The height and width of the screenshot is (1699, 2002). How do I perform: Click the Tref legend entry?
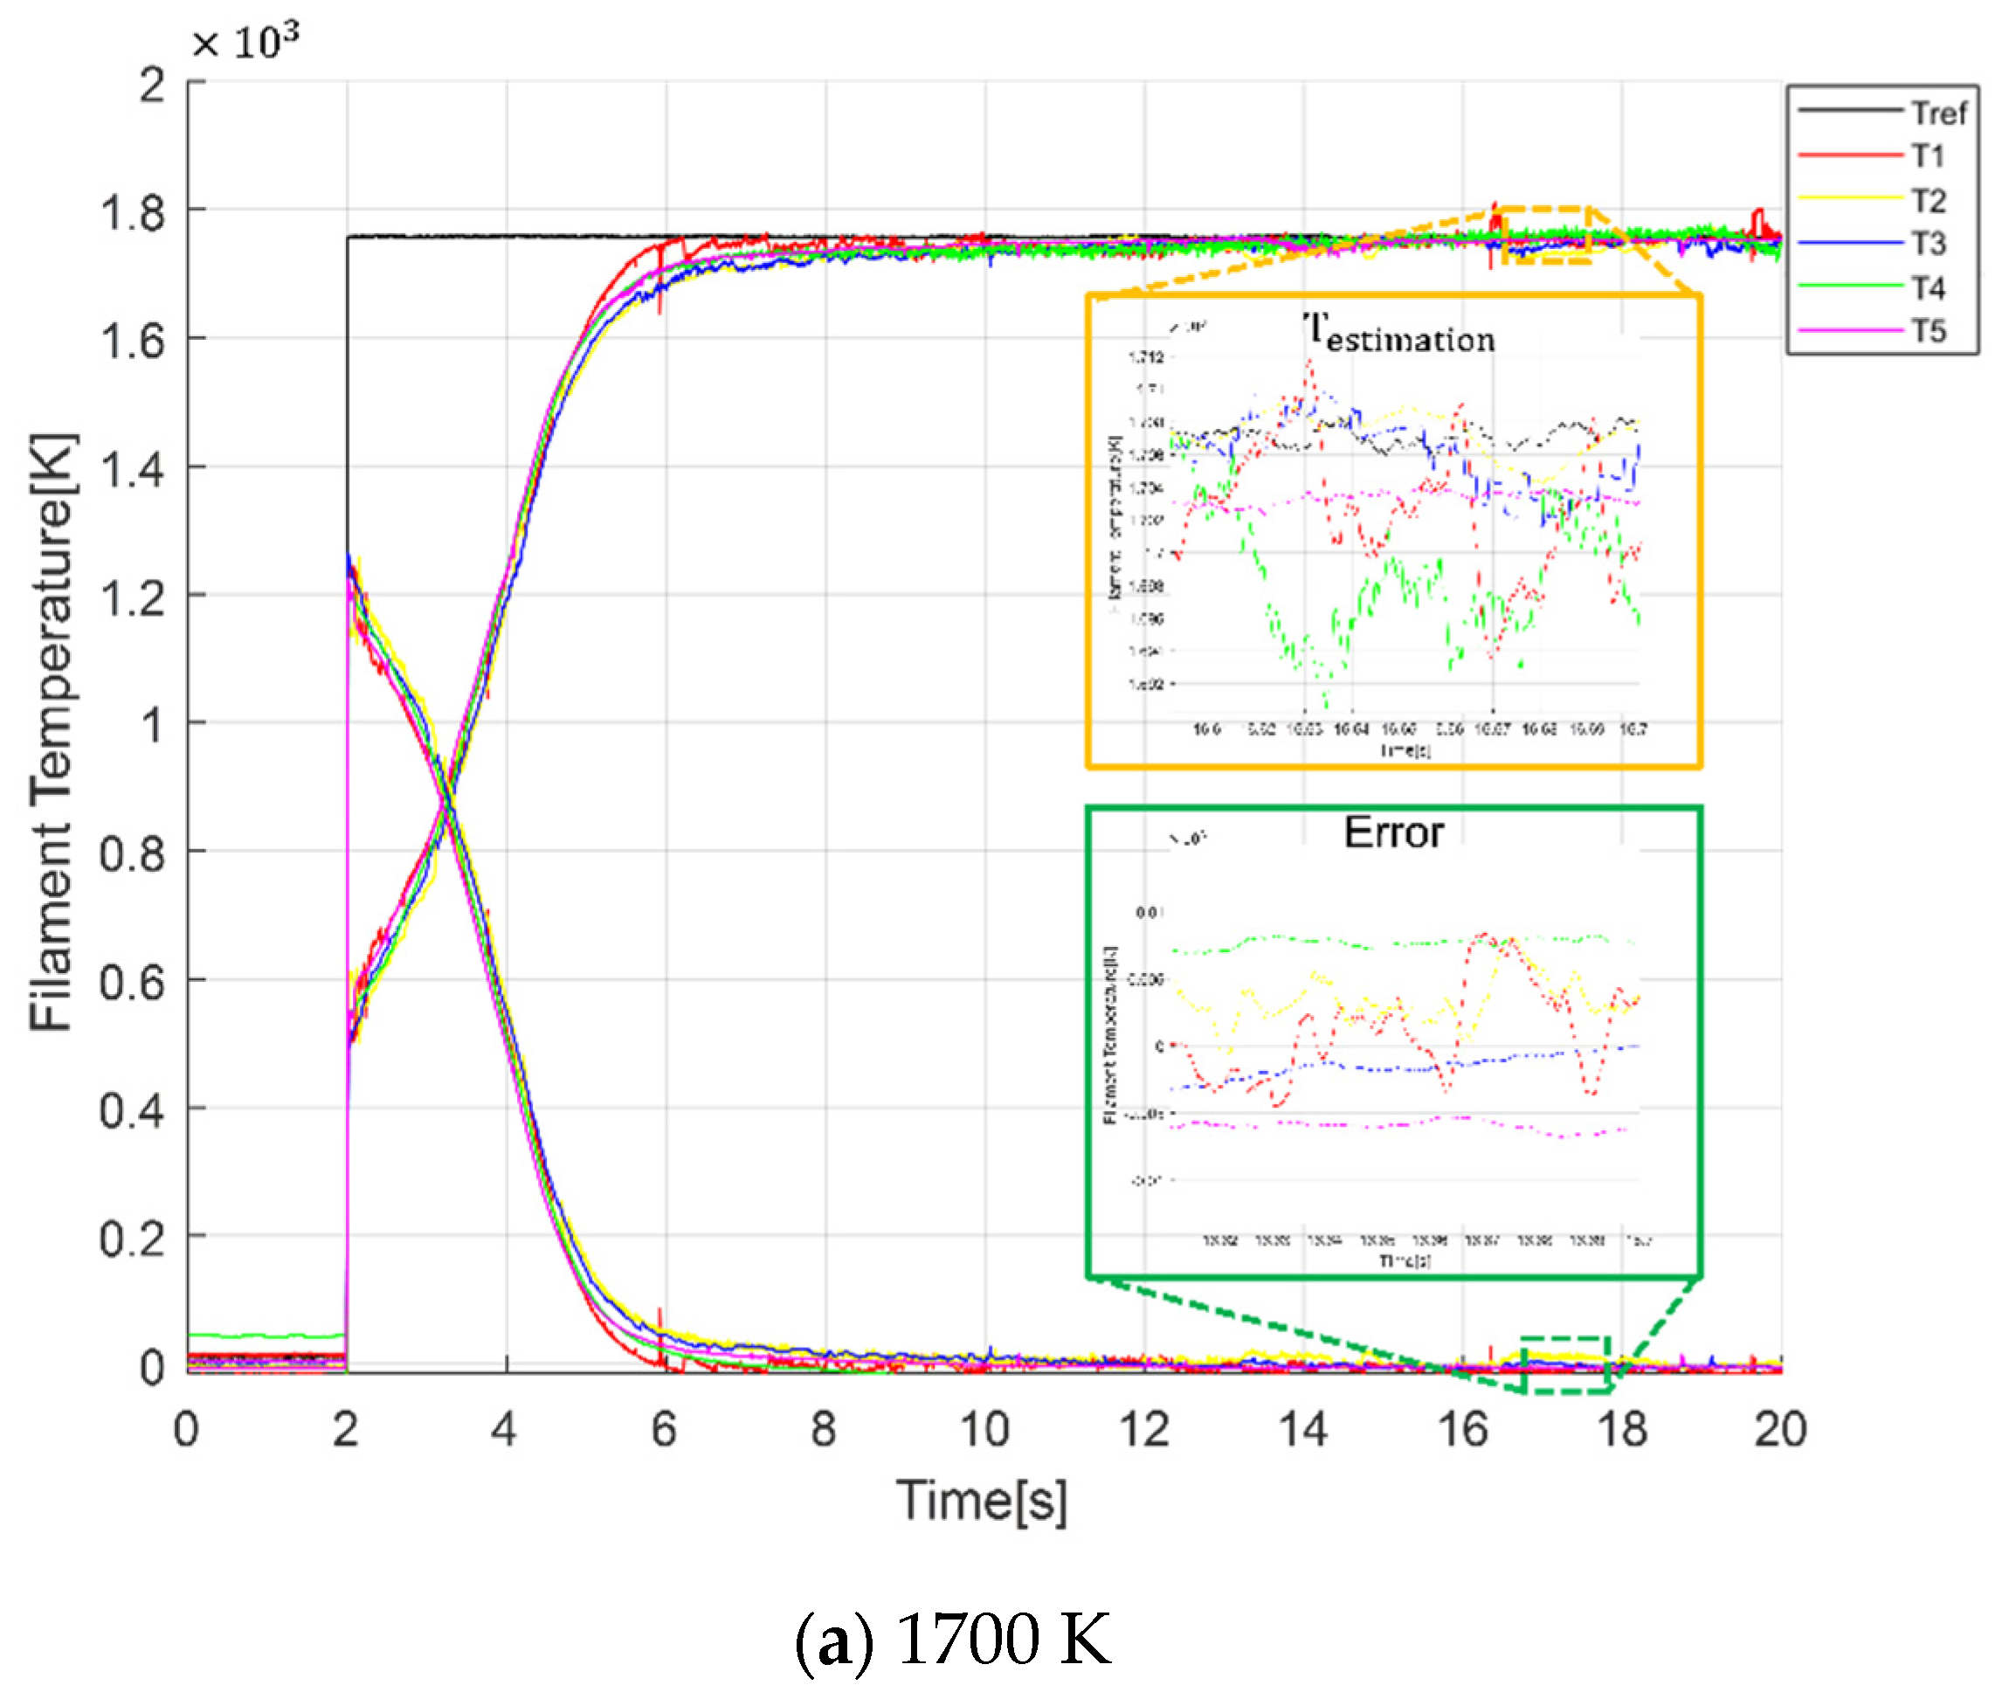tap(1937, 113)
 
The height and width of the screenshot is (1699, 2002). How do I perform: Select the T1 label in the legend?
tap(1928, 155)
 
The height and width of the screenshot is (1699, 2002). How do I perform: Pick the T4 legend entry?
tap(1928, 287)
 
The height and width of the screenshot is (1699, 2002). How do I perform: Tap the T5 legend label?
tap(1928, 330)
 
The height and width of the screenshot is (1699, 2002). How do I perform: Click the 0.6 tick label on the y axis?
tap(133, 983)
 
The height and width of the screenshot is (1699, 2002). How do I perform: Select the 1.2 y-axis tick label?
tap(133, 597)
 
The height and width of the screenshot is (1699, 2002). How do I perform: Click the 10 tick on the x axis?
tap(984, 1428)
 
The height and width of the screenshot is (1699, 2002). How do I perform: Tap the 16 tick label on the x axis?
tap(1463, 1428)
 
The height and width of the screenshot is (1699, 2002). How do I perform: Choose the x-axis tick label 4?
tap(504, 1428)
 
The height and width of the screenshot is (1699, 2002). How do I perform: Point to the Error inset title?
tap(1392, 832)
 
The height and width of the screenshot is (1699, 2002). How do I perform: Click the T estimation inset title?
tap(1398, 335)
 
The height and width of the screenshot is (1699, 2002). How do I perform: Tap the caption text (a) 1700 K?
tap(952, 1639)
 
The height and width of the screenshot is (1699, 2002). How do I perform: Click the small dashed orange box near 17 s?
tap(1544, 234)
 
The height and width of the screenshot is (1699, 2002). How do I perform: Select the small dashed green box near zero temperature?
tap(1566, 1364)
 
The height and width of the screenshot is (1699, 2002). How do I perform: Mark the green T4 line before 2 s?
tap(265, 1336)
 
